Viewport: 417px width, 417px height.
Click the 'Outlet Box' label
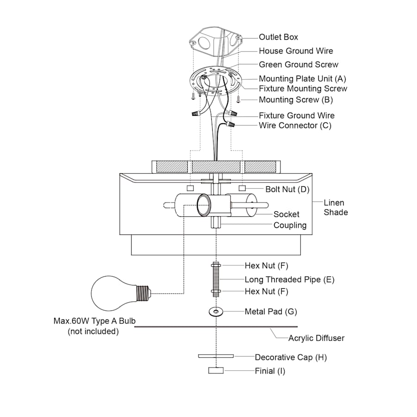click(278, 37)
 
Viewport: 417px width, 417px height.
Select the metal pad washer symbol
click(215, 312)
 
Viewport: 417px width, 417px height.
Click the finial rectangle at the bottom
click(216, 371)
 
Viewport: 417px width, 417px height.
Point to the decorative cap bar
click(216, 356)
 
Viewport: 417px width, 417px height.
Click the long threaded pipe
click(216, 279)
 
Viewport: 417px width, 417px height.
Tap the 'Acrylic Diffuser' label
click(316, 338)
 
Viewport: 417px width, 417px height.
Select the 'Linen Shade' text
click(334, 208)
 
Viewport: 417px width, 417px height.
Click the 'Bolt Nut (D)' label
click(287, 189)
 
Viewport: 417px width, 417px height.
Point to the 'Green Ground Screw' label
click(298, 65)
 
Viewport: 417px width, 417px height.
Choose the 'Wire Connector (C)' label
click(295, 126)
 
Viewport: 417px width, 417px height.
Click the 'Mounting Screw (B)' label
click(296, 100)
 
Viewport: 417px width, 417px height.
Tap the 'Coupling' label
click(290, 225)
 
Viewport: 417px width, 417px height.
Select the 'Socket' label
click(286, 214)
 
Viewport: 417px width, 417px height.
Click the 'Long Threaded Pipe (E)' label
click(290, 279)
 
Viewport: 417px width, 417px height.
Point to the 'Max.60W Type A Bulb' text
click(94, 321)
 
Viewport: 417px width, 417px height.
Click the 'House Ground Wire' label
click(296, 51)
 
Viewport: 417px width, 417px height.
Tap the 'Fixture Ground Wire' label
click(297, 115)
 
